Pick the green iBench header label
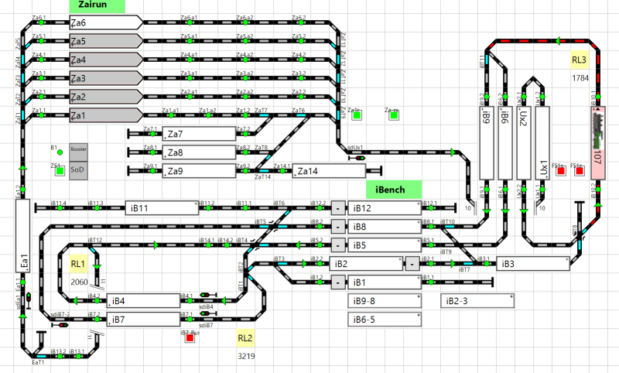click(x=393, y=189)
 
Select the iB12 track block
click(x=383, y=208)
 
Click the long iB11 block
click(x=161, y=208)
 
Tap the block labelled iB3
click(x=532, y=264)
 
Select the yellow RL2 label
click(x=245, y=337)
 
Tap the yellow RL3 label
click(x=580, y=60)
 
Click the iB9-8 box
click(x=384, y=301)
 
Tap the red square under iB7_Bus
click(x=190, y=338)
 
